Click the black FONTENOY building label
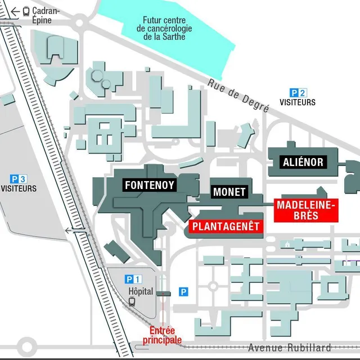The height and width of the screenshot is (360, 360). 150,184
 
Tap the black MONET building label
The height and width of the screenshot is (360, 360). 229,192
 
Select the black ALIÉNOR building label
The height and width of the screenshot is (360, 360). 303,163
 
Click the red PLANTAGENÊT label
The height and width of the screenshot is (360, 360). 225,227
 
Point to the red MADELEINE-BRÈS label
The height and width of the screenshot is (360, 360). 305,210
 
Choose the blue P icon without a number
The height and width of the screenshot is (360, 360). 183,291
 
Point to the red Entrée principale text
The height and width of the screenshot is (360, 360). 163,335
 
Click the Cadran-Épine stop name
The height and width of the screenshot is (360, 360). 42,16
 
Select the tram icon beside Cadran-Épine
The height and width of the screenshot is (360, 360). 26,11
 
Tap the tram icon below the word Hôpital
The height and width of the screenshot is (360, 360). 132,301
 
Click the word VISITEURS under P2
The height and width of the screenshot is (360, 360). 298,102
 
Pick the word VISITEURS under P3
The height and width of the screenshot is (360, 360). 19,188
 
